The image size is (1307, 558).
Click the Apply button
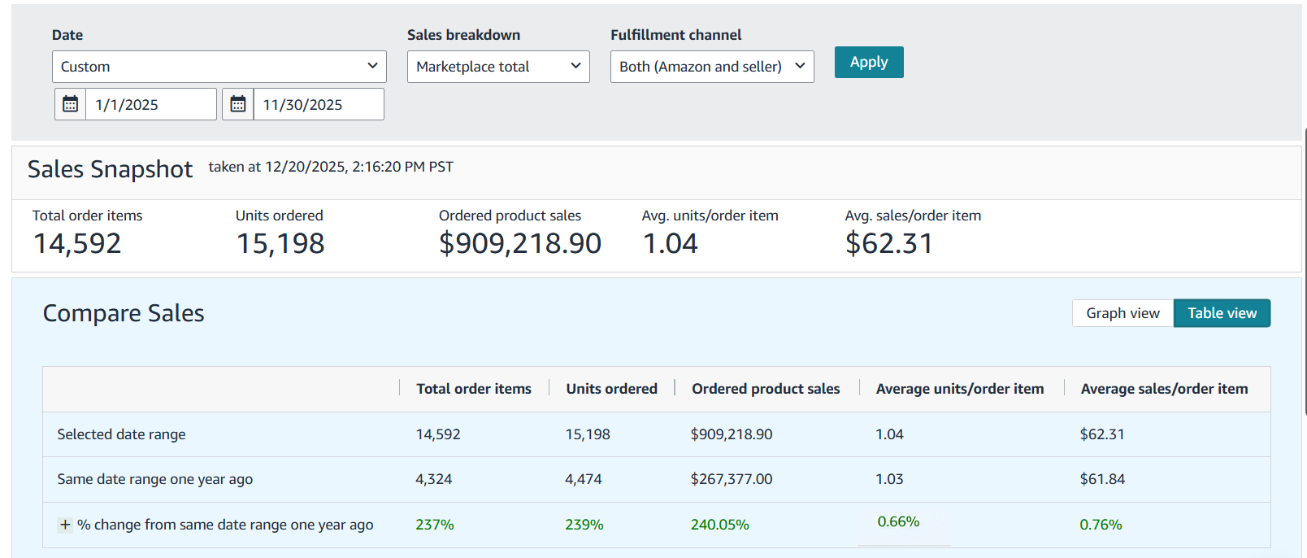point(869,62)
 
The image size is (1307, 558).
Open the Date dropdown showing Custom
point(219,67)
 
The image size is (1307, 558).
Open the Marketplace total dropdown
point(498,67)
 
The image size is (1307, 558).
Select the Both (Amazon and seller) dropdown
point(712,67)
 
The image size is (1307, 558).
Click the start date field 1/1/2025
point(151,104)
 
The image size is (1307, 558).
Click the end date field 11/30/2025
point(319,104)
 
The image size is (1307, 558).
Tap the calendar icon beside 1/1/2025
point(70,104)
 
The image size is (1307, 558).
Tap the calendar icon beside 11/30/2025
point(237,104)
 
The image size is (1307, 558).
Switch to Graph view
point(1122,313)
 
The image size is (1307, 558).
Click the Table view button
point(1222,313)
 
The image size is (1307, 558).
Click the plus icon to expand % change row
point(65,525)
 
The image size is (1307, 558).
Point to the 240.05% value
point(719,525)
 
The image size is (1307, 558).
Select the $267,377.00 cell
point(731,479)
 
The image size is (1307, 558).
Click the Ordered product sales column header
point(766,389)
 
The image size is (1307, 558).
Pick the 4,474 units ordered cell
point(583,479)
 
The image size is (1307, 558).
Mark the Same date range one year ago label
point(154,479)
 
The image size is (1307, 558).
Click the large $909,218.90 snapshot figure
point(520,243)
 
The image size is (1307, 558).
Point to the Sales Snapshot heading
point(110,169)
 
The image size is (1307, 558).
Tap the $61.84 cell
point(1102,479)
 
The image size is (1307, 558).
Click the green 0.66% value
point(898,521)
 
